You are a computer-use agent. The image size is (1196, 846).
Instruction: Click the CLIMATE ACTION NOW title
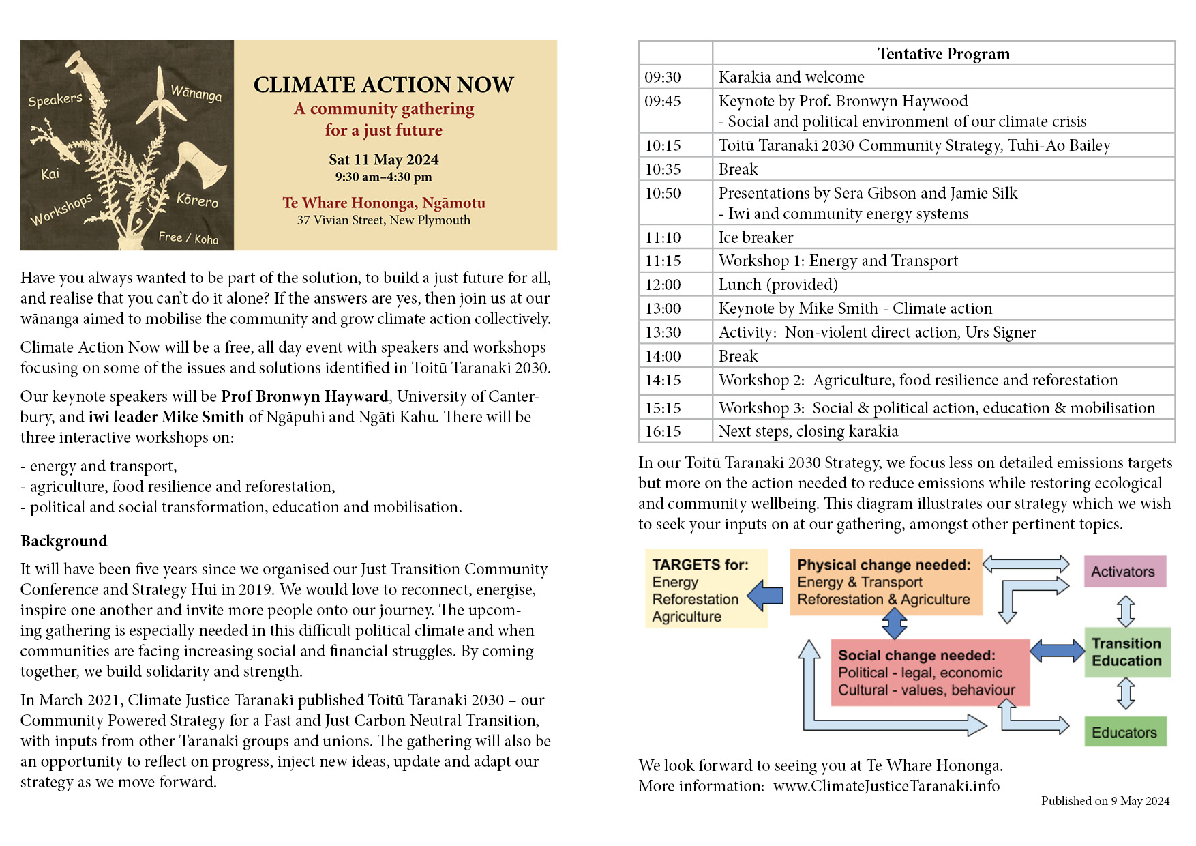click(x=383, y=85)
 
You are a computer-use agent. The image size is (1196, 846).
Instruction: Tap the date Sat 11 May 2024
click(x=383, y=160)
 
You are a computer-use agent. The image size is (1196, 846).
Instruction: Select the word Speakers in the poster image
click(x=55, y=100)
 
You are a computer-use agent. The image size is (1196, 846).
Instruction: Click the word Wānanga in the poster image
click(x=196, y=93)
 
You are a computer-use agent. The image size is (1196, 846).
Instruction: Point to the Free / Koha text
click(x=188, y=237)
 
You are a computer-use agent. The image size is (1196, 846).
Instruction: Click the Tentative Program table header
click(x=943, y=54)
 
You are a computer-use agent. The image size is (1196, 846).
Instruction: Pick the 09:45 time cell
click(x=663, y=102)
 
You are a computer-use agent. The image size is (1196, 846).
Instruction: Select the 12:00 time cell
click(x=663, y=285)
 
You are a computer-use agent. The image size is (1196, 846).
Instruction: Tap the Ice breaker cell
click(x=756, y=237)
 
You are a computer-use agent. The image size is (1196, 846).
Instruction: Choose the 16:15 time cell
click(x=663, y=431)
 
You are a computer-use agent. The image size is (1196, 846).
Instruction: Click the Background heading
click(x=64, y=541)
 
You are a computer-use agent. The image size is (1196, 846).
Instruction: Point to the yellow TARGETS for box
click(x=705, y=589)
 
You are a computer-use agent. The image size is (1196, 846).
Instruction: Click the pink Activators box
click(x=1124, y=572)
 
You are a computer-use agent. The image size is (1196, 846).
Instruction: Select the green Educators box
click(x=1125, y=732)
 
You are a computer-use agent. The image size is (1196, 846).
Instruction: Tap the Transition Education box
click(x=1126, y=652)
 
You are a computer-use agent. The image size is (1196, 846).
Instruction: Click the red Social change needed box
click(x=929, y=673)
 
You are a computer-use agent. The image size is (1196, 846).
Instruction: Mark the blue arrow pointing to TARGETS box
click(x=766, y=595)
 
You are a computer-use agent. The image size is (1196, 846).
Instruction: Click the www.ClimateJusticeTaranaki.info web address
click(x=886, y=786)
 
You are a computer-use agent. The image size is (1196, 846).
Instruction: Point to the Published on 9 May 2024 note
click(x=1105, y=801)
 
